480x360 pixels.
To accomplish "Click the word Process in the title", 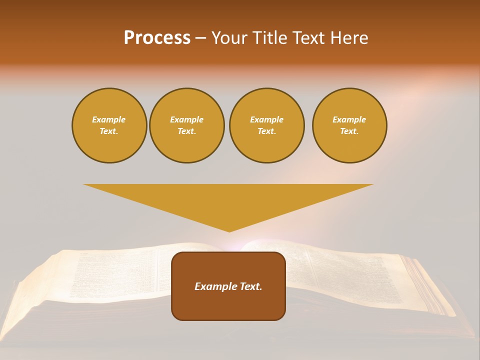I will point(157,38).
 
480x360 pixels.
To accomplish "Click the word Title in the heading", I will point(269,38).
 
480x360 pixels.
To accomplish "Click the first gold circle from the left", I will point(109,125).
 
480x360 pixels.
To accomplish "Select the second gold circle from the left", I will point(186,125).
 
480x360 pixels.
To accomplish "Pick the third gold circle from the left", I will point(266,125).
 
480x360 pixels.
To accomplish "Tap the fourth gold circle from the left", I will point(349,125).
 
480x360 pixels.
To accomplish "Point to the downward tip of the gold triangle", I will point(229,230).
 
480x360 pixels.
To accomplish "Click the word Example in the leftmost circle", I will point(109,119).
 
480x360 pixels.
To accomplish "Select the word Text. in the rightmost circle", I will point(349,131).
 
